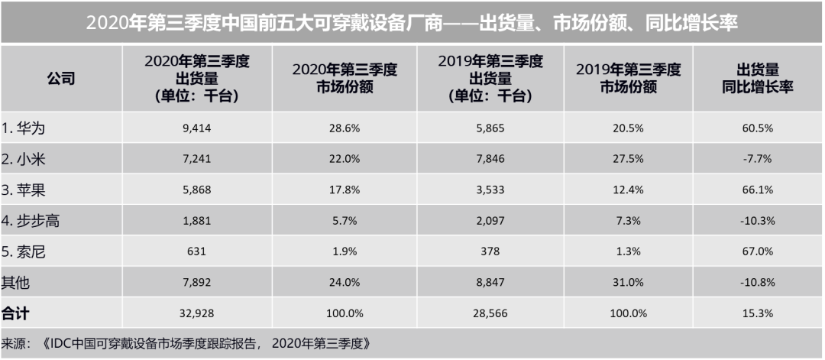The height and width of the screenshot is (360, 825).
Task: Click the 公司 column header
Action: coord(61,79)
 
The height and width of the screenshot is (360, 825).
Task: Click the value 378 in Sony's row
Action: coord(490,251)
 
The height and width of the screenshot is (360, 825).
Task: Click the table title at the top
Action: coord(412,22)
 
